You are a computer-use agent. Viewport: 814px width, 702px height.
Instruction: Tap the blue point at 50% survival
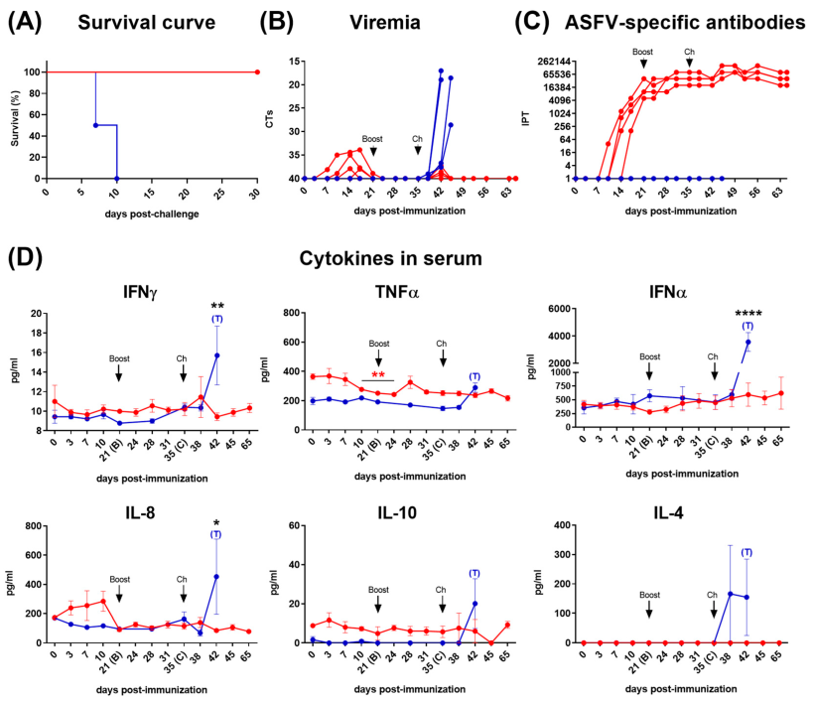click(95, 125)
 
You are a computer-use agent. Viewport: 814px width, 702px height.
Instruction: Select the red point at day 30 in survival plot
click(257, 71)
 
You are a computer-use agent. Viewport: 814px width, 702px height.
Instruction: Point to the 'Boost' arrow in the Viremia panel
click(373, 151)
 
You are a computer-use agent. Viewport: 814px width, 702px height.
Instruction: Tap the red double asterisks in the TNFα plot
click(378, 375)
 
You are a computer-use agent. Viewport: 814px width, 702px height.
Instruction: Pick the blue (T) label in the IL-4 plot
click(747, 552)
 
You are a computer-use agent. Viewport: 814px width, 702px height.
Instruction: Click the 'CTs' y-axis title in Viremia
click(274, 120)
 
